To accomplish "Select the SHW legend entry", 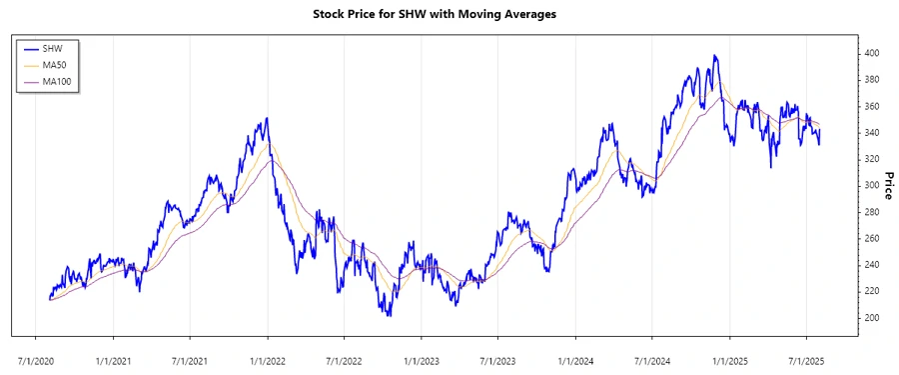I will pyautogui.click(x=52, y=48).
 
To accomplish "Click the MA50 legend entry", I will pyautogui.click(x=55, y=64).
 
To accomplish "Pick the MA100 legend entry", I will pyautogui.click(x=57, y=80).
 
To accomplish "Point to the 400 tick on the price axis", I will pyautogui.click(x=872, y=53).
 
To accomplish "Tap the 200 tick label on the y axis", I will pyautogui.click(x=872, y=318).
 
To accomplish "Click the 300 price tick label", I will pyautogui.click(x=872, y=186).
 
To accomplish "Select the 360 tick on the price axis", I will pyautogui.click(x=872, y=106).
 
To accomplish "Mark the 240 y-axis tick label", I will pyautogui.click(x=872, y=265).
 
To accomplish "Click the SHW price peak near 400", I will pyautogui.click(x=714, y=56).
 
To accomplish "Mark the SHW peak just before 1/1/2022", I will pyautogui.click(x=266, y=119).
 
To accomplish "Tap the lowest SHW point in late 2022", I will pyautogui.click(x=389, y=316).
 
